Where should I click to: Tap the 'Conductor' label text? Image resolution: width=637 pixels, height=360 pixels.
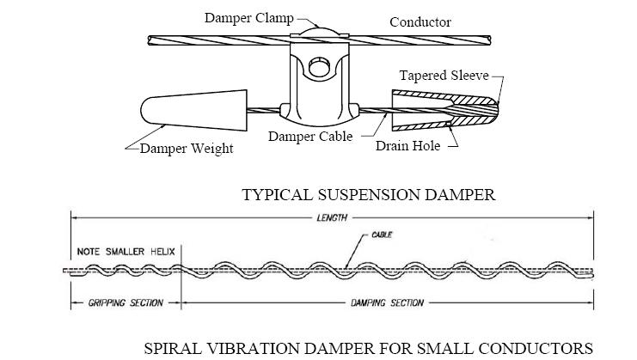[420, 21]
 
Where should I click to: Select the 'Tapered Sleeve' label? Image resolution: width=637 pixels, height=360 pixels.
[449, 76]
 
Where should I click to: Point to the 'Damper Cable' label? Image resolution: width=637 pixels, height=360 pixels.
[310, 137]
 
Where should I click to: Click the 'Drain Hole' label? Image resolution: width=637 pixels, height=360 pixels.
[407, 145]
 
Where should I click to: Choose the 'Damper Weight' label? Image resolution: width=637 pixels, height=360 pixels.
[187, 148]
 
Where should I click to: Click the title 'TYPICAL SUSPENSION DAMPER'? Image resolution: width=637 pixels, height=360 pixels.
[369, 194]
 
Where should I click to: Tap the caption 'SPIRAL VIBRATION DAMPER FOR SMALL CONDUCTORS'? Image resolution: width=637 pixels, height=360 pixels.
[368, 348]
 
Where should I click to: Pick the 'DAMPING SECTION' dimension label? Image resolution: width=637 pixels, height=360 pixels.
[386, 302]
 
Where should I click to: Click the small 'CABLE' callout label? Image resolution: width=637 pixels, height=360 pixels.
[383, 234]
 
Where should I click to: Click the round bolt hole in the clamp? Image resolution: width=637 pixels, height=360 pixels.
[319, 65]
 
